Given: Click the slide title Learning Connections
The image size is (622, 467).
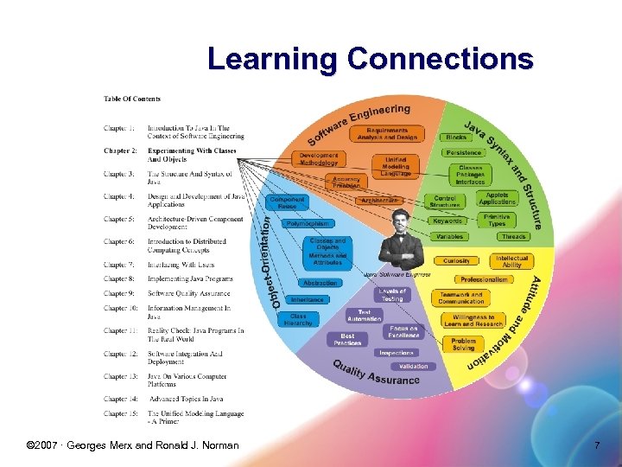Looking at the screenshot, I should point(370,60).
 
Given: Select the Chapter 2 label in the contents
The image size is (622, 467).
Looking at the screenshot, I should point(120,150).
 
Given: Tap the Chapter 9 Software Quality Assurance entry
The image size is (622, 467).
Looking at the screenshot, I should point(189,293).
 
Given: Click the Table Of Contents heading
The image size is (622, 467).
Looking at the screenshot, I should point(132,99).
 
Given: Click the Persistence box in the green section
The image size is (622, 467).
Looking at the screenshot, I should point(463,152).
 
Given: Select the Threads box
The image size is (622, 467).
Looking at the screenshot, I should point(513,236).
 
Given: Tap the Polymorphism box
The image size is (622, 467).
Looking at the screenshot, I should point(308,224).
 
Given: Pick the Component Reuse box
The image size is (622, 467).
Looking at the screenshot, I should point(287,202).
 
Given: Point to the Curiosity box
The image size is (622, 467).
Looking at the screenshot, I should point(456,260).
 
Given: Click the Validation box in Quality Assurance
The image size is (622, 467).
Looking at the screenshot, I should point(413,367).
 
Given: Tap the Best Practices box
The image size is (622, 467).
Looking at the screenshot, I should point(347,339).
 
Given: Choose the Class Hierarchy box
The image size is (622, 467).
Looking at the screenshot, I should point(298,319).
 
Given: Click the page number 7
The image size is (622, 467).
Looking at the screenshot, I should point(596,445).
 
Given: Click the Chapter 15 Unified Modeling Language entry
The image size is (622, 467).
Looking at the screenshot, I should point(195,418).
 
